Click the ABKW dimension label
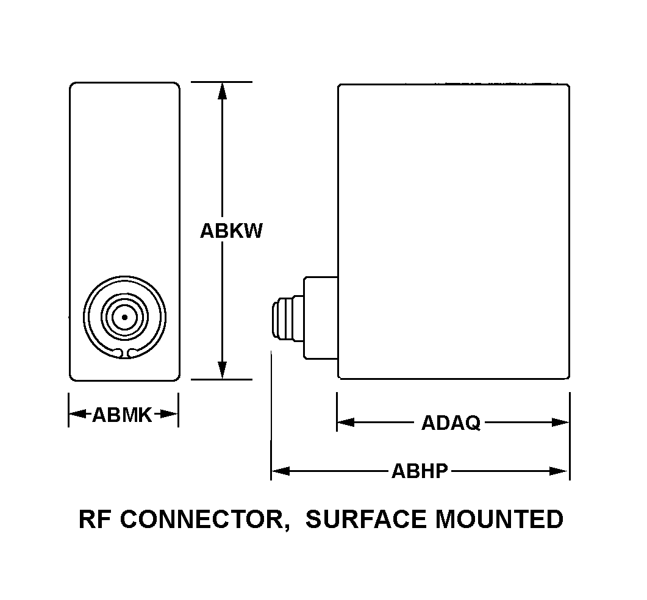(231, 231)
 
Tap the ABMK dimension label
(122, 415)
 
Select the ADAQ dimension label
(451, 423)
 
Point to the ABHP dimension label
(420, 471)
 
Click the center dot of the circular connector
(124, 317)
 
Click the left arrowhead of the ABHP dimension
(280, 471)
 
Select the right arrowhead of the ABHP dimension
(559, 471)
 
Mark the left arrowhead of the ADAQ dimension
(346, 422)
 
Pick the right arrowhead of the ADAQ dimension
(560, 422)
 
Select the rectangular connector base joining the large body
(320, 318)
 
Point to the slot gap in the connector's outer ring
(124, 352)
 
